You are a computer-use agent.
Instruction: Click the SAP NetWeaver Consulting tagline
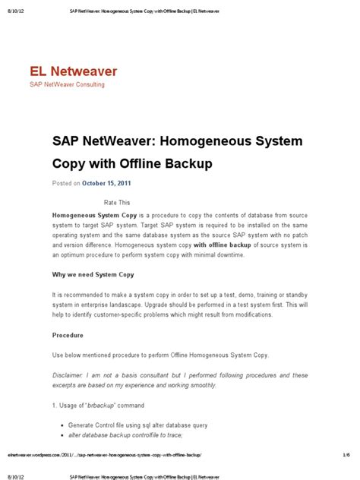click(67, 84)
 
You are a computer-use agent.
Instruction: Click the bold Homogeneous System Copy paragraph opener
click(95, 216)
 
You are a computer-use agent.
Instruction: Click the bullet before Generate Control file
click(62, 425)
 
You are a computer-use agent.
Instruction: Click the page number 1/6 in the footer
click(346, 453)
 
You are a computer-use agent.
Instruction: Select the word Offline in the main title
click(150, 163)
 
